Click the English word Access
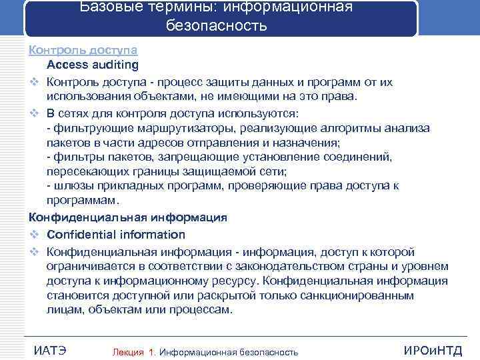pyautogui.click(x=72, y=65)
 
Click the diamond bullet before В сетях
pyautogui.click(x=33, y=113)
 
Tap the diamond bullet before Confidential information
pyautogui.click(x=33, y=235)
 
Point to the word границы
pyautogui.click(x=151, y=171)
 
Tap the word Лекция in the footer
pyautogui.click(x=128, y=352)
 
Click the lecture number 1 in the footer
pyautogui.click(x=153, y=352)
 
